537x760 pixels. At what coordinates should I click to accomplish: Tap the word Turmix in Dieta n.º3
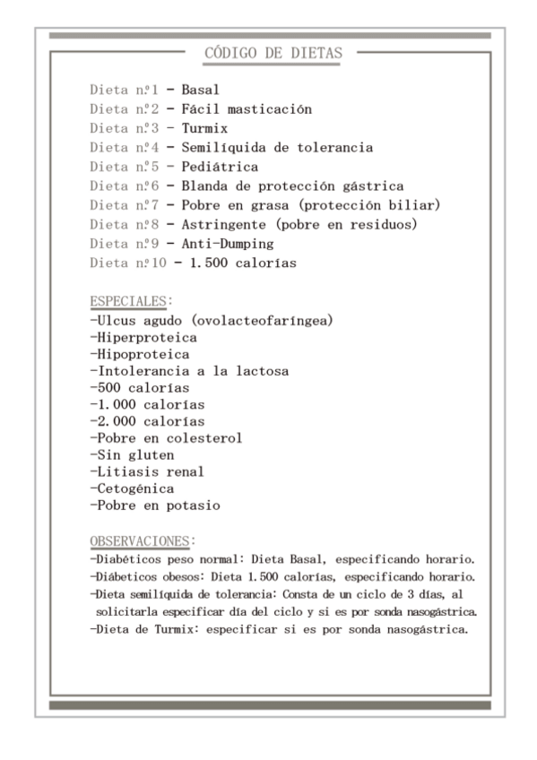[203, 128]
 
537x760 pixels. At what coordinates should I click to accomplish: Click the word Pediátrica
[220, 167]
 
